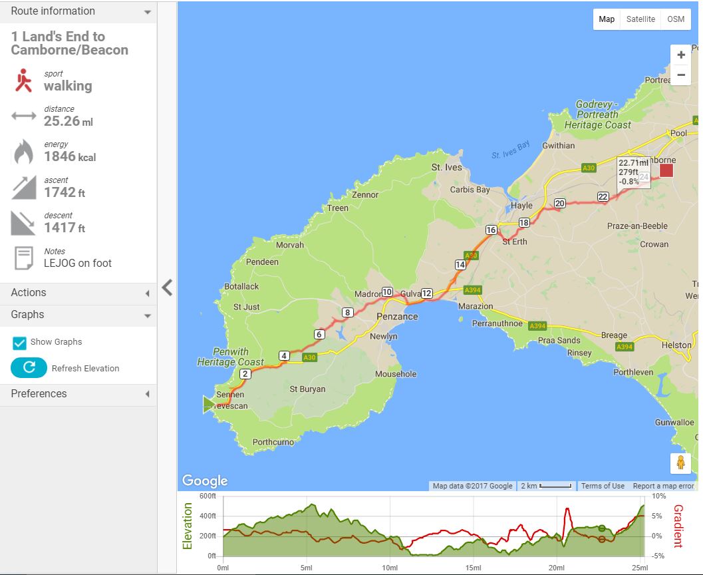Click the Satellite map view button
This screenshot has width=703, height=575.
[x=640, y=19]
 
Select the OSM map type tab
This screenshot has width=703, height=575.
[x=675, y=19]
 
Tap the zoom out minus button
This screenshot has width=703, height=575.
[x=680, y=75]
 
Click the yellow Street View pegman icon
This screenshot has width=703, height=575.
[x=680, y=463]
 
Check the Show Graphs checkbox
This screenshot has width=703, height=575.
[x=20, y=343]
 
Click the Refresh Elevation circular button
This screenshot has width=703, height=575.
[x=29, y=368]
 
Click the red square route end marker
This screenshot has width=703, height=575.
[x=666, y=170]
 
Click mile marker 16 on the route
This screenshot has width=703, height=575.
[x=491, y=230]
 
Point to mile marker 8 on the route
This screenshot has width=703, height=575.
[x=347, y=312]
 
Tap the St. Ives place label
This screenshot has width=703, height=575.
[x=446, y=167]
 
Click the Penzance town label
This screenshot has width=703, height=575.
[x=397, y=317]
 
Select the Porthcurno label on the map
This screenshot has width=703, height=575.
[x=273, y=441]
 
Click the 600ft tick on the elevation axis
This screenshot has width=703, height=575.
[x=208, y=496]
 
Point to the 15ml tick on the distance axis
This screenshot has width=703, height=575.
[x=473, y=568]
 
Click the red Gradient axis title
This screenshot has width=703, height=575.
[x=678, y=526]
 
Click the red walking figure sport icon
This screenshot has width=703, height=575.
[x=24, y=81]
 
